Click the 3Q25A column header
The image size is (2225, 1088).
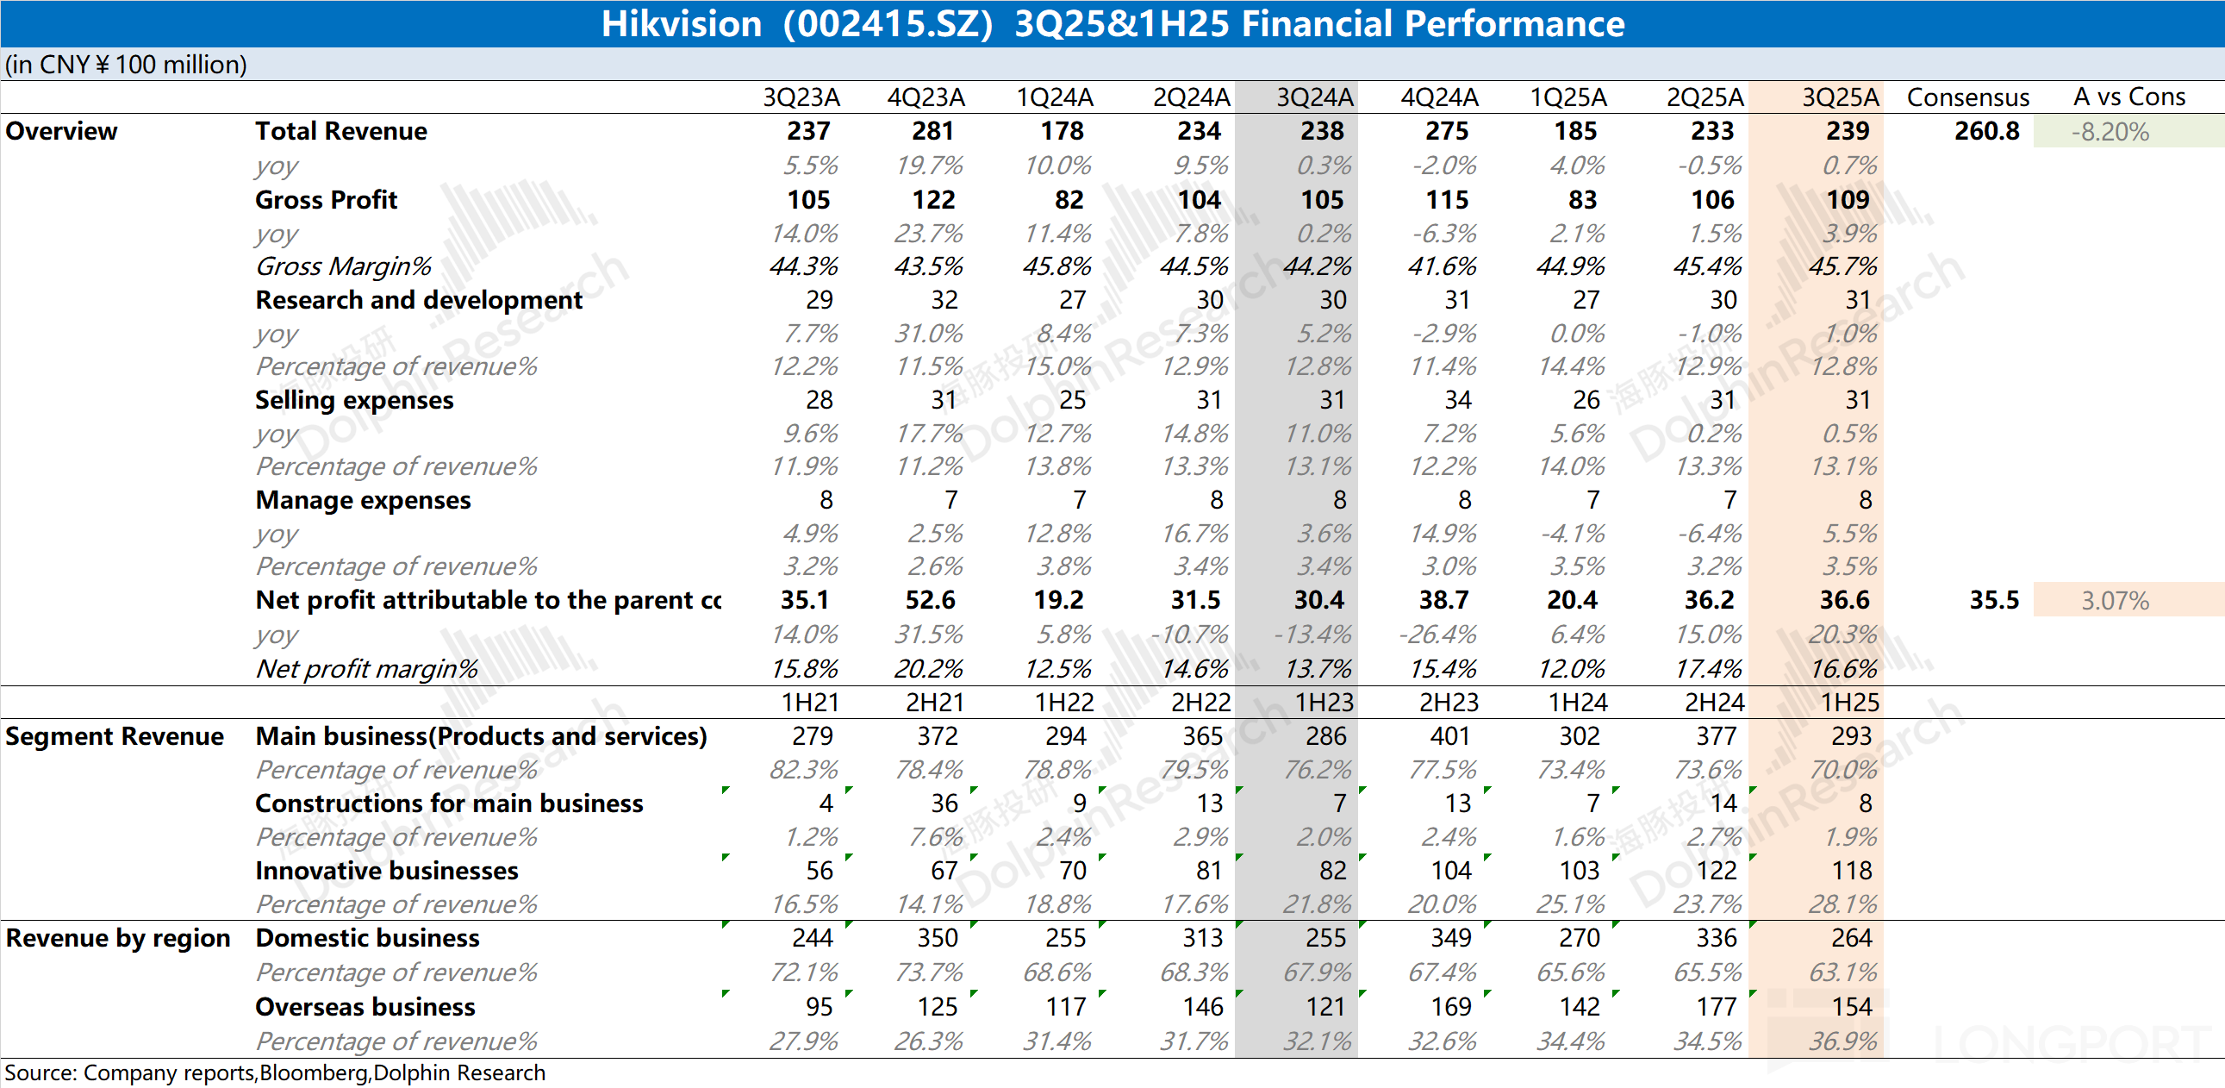point(1840,97)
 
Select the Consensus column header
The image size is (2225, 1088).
point(1967,97)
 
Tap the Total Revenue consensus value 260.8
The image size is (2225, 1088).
point(1986,131)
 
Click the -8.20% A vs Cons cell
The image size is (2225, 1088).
point(2110,132)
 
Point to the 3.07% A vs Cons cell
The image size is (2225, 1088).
point(2115,601)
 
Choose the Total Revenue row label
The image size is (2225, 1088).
point(341,131)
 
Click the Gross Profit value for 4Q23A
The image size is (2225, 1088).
point(934,200)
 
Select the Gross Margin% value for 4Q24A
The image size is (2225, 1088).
point(1442,266)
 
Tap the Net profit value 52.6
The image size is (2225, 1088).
point(931,600)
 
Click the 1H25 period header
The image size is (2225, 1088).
point(1850,703)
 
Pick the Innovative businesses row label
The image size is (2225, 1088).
point(386,871)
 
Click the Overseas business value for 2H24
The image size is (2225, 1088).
point(1716,1007)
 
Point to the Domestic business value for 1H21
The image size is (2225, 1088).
point(812,939)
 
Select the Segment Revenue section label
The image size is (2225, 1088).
point(114,736)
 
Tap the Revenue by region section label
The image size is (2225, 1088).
point(117,939)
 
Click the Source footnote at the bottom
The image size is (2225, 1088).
point(275,1072)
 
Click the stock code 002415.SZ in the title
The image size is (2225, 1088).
point(888,23)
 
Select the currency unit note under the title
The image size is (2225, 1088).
point(126,65)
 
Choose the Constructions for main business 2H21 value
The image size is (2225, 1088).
point(944,803)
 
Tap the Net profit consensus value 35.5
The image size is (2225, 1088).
point(1993,600)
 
